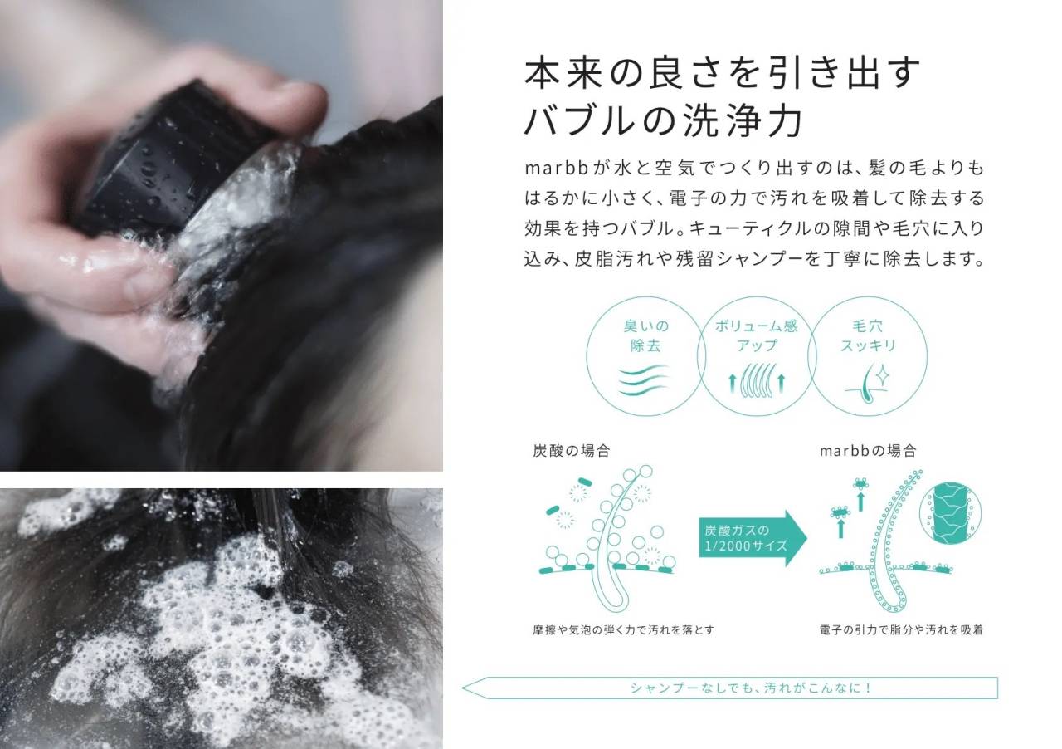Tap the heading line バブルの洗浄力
(664, 120)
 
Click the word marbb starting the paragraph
(557, 168)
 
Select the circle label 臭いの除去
(645, 335)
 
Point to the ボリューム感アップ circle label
(757, 335)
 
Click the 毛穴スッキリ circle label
(868, 335)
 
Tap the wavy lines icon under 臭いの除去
(644, 380)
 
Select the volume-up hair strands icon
(757, 379)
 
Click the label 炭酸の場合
(572, 450)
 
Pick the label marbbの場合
(868, 450)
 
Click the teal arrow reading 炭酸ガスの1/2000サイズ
(753, 538)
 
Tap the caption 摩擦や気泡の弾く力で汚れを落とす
(623, 630)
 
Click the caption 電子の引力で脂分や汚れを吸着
(901, 630)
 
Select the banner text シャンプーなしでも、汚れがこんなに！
(750, 688)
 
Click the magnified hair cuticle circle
(951, 513)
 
